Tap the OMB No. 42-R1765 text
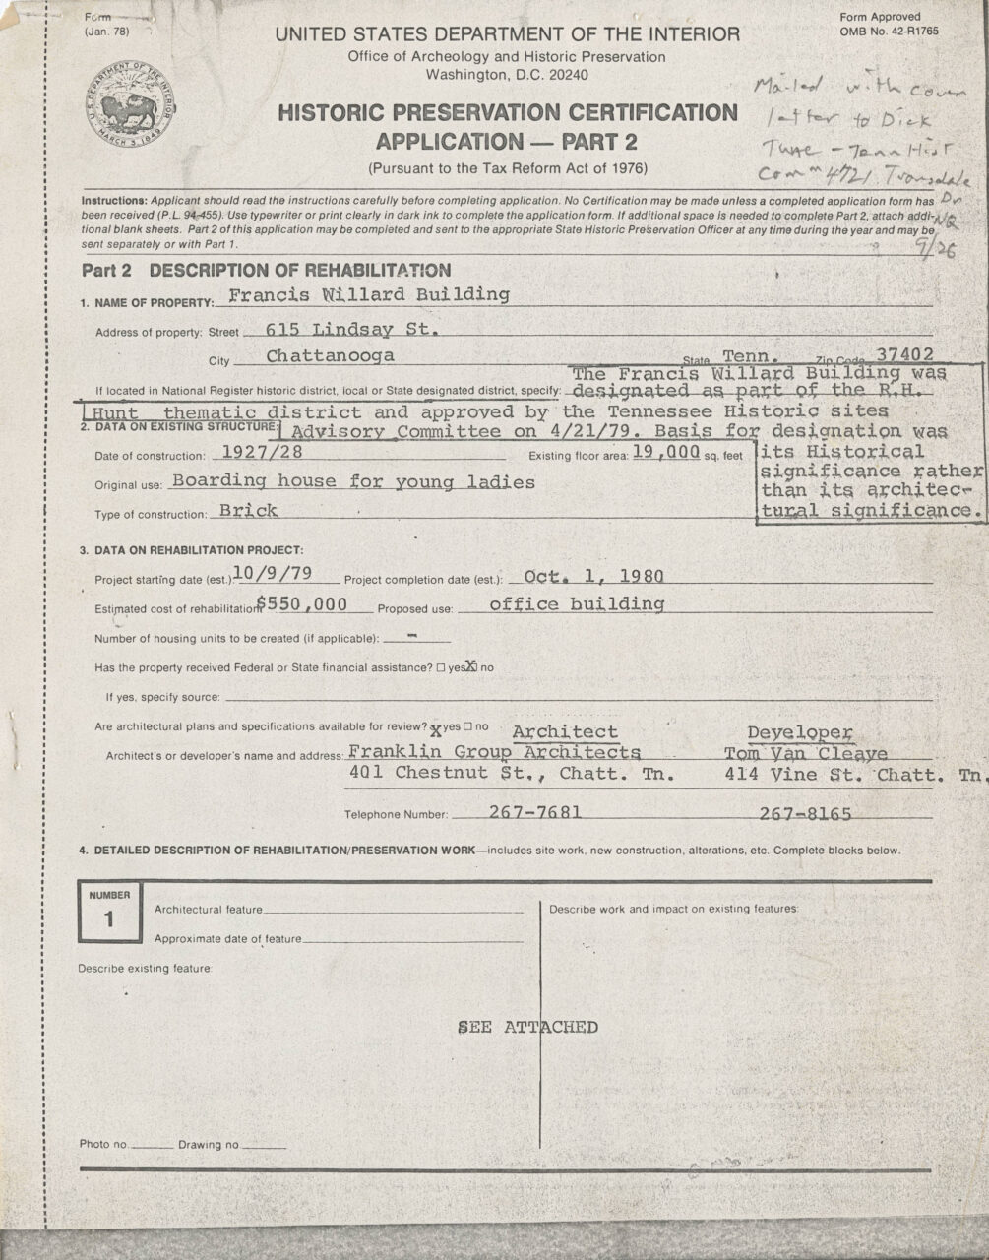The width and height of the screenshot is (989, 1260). [x=889, y=31]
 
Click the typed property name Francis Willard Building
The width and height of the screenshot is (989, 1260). [x=368, y=294]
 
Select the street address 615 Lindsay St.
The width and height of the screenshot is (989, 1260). [x=352, y=329]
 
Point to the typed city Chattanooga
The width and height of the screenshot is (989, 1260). [x=331, y=355]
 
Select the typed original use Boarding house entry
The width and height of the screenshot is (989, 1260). [x=352, y=481]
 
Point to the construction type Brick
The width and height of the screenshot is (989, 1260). [x=248, y=510]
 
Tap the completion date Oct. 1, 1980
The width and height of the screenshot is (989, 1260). [x=593, y=576]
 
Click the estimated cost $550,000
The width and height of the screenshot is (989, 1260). [x=301, y=604]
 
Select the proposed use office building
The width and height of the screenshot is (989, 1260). [x=576, y=603]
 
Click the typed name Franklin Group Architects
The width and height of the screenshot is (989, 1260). [x=494, y=752]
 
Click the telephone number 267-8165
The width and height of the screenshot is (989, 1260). [x=805, y=813]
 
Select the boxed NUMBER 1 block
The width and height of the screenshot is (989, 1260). [x=108, y=913]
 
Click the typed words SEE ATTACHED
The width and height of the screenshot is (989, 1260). [x=527, y=1027]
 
